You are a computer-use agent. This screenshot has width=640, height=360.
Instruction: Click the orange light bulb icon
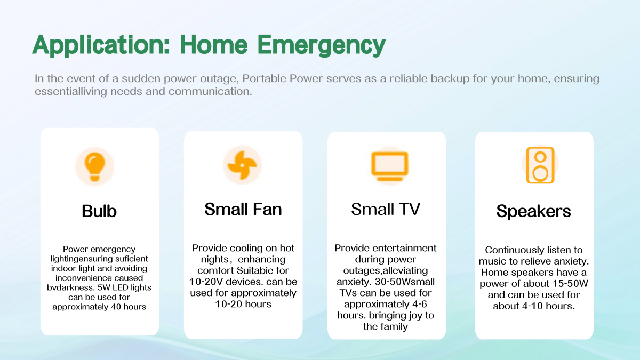[x=95, y=166]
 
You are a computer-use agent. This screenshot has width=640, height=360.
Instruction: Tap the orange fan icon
[x=242, y=165]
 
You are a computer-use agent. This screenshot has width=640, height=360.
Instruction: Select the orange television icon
[x=390, y=166]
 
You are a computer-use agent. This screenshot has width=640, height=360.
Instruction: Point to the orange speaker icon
[x=540, y=165]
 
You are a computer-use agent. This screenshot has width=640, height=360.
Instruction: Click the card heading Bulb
[x=99, y=211]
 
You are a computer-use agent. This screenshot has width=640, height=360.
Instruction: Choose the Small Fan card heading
[x=243, y=209]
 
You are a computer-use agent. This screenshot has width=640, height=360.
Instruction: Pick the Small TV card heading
[x=386, y=209]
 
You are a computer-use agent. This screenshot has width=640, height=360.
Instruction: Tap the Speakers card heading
[x=534, y=212]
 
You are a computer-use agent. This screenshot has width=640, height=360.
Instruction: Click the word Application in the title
[x=101, y=45]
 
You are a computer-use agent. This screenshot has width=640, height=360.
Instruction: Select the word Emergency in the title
[x=322, y=45]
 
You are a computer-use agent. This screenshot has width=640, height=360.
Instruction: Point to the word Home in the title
[x=214, y=45]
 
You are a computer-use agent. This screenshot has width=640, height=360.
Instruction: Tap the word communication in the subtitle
[x=210, y=92]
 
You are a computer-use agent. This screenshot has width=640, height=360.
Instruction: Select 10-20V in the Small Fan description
[x=206, y=282]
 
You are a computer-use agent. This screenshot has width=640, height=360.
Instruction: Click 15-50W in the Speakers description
[x=570, y=284]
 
